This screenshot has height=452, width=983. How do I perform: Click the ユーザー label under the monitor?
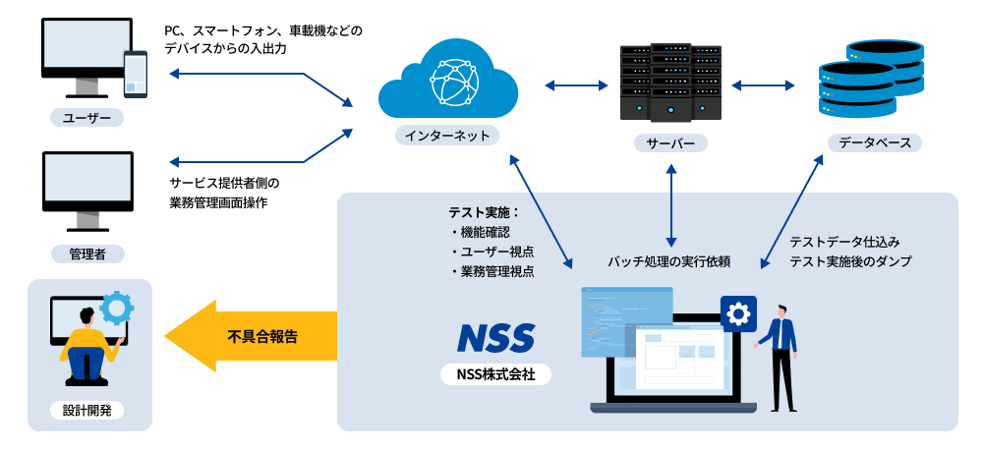point(87,118)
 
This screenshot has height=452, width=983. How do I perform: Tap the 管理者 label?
point(87,254)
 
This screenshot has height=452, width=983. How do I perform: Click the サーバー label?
point(670,143)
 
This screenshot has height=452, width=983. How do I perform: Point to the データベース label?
point(874,142)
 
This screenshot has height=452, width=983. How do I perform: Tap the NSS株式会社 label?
point(495,374)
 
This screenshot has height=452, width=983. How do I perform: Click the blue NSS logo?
point(495,337)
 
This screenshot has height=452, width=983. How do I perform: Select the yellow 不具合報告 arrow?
point(251,336)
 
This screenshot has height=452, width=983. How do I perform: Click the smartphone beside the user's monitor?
point(135,75)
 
